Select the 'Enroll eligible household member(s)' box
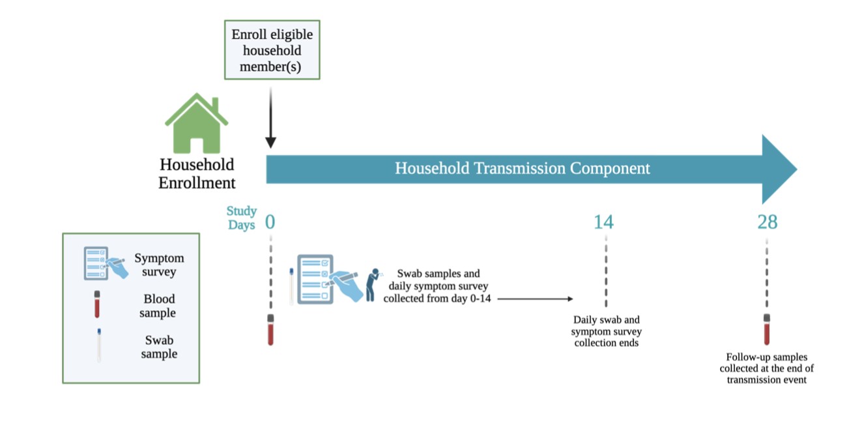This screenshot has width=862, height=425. (x=272, y=50)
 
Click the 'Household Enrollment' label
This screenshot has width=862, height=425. (x=197, y=173)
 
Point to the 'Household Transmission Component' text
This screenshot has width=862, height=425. (x=522, y=168)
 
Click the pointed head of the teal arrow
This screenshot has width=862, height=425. (x=779, y=169)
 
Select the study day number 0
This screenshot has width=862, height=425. (x=270, y=222)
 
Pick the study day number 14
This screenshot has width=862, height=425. (x=603, y=222)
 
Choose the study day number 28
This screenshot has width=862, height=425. (x=767, y=222)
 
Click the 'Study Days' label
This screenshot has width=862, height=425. (x=242, y=218)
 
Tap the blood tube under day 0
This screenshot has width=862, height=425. (x=270, y=330)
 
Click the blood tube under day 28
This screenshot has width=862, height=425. (x=767, y=330)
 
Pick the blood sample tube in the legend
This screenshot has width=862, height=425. (x=97, y=304)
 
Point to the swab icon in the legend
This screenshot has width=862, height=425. (x=98, y=345)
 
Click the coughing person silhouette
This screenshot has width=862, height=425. (x=372, y=285)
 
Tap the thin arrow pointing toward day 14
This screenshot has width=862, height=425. (x=534, y=299)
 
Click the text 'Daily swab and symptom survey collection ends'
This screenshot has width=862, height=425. (x=606, y=331)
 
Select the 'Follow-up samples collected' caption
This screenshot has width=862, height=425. (x=767, y=368)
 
